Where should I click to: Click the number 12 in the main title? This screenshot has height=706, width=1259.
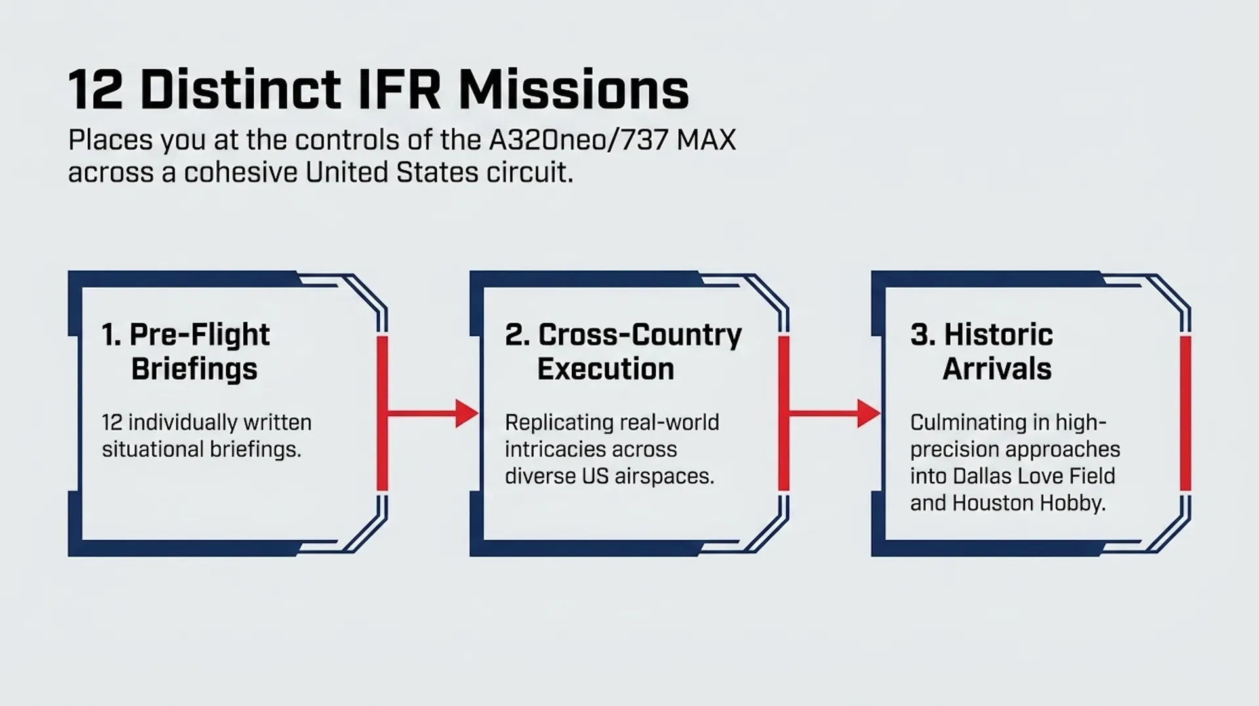pyautogui.click(x=96, y=90)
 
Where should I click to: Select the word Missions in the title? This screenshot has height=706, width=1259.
pyautogui.click(x=574, y=90)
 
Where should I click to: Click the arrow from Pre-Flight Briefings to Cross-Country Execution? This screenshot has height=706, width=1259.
pyautogui.click(x=433, y=414)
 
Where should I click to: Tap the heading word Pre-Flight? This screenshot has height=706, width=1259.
pyautogui.click(x=199, y=335)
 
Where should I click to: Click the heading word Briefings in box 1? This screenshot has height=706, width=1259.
pyautogui.click(x=194, y=370)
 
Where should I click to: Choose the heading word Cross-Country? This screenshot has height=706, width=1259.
pyautogui.click(x=640, y=335)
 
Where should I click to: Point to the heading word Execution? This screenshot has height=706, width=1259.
pyautogui.click(x=605, y=369)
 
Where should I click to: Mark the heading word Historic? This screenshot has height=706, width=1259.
pyautogui.click(x=998, y=335)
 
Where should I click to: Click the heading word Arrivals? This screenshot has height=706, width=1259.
pyautogui.click(x=997, y=369)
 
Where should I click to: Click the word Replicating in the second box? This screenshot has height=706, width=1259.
pyautogui.click(x=557, y=423)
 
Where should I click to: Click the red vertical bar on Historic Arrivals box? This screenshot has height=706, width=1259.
pyautogui.click(x=1185, y=414)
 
